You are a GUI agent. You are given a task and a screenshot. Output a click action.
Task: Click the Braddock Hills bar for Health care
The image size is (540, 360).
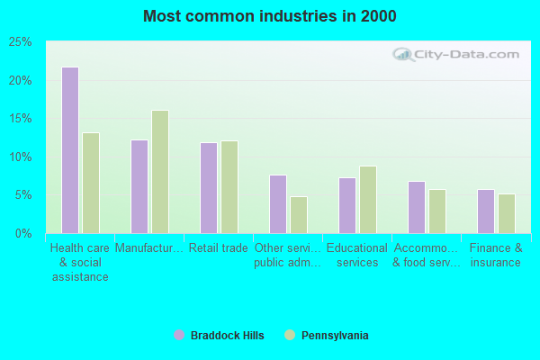(69, 150)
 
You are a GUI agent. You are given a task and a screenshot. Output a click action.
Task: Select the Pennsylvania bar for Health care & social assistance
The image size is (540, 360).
(91, 183)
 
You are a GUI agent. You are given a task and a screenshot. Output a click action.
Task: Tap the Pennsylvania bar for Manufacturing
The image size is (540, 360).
(160, 172)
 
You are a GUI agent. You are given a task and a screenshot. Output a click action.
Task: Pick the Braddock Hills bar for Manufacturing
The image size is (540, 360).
(139, 186)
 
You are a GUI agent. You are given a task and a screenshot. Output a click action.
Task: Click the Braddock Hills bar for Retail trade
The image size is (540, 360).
(208, 187)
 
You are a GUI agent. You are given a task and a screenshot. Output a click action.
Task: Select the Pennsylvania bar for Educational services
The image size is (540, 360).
(368, 200)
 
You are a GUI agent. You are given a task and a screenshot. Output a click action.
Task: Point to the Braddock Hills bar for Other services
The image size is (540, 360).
(277, 204)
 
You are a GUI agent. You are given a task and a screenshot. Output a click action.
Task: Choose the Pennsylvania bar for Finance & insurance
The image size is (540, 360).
(507, 213)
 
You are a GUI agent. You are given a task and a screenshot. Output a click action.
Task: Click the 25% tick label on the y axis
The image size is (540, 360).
(20, 42)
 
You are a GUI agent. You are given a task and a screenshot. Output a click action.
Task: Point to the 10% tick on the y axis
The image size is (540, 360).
(20, 157)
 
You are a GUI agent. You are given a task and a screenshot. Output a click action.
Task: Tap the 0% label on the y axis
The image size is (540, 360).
(23, 233)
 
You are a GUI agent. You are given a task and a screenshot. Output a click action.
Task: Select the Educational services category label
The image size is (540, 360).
(356, 256)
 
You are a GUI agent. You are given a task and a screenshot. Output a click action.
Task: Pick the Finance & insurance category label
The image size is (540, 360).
(495, 256)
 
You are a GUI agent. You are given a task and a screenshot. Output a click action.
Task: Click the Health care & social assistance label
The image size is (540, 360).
(79, 263)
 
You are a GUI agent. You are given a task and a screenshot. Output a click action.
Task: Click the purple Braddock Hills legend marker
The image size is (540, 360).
(179, 335)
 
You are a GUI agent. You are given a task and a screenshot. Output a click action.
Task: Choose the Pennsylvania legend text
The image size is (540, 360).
(334, 336)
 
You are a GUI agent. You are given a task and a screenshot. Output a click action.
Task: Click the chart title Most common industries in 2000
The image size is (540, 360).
(269, 16)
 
